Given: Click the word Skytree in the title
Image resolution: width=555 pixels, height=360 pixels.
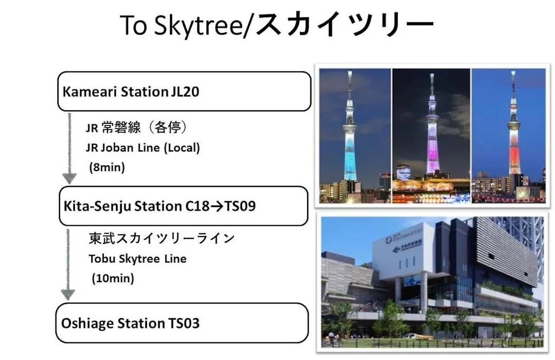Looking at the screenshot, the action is [x=198, y=26].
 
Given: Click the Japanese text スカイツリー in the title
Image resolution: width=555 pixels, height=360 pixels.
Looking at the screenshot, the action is [x=344, y=24].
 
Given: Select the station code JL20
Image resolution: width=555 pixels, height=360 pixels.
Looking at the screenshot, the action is [x=185, y=92].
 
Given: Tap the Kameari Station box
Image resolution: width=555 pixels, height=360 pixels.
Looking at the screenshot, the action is [x=184, y=92].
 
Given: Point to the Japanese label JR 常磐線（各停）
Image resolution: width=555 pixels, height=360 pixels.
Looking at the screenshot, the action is [x=136, y=127].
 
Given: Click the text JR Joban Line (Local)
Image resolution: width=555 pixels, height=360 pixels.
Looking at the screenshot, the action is [x=143, y=148].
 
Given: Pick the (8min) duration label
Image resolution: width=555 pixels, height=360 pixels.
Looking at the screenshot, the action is [x=107, y=167].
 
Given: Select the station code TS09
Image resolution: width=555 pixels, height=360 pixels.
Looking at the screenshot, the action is [x=240, y=206].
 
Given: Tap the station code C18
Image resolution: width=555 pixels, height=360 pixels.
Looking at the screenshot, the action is [x=197, y=206].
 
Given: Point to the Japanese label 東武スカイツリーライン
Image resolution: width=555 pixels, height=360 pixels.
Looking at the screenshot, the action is [x=162, y=238].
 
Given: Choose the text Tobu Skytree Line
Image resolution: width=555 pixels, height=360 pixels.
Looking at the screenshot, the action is [x=138, y=259].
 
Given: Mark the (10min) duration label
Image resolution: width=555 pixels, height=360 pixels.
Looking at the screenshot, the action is [x=113, y=278].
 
